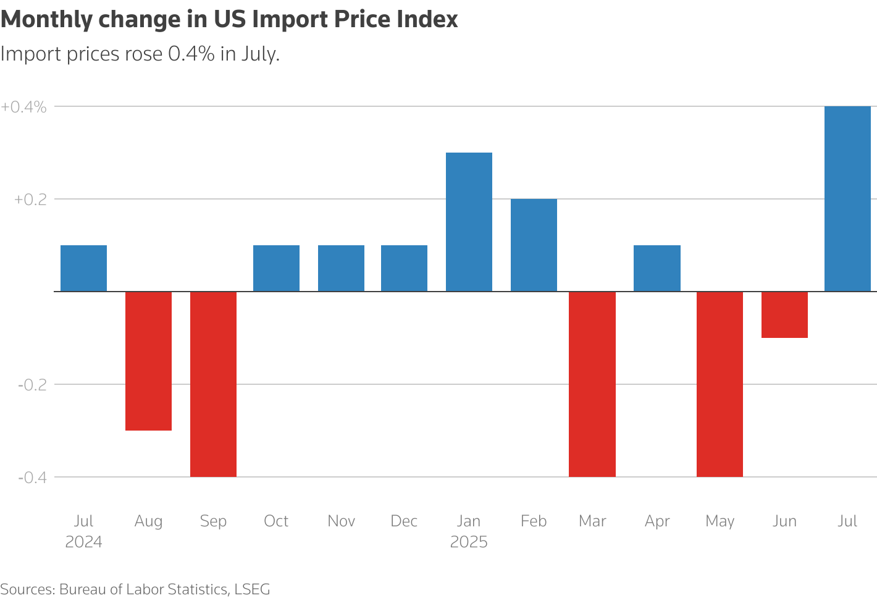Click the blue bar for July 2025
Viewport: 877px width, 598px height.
coord(847,198)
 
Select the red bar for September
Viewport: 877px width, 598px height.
coord(213,384)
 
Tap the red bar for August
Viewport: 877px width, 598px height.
coord(148,361)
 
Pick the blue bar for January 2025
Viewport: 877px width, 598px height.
coord(469,222)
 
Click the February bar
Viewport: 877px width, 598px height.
coord(534,245)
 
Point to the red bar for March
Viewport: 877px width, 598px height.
coord(592,384)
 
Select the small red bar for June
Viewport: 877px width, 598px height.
coord(784,314)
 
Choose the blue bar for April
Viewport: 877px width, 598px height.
coord(657,268)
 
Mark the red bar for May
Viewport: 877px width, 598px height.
coord(720,384)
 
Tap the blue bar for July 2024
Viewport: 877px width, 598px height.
coord(83,268)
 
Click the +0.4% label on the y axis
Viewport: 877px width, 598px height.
coord(23,107)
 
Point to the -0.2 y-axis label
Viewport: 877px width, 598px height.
coord(32,385)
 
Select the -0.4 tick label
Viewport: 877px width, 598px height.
coord(32,478)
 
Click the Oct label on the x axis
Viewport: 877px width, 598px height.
coord(276,521)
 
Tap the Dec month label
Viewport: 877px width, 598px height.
coord(404,521)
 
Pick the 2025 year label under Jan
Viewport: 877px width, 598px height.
coord(469,542)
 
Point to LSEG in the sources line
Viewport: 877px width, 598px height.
coord(252,589)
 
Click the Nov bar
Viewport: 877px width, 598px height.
coord(341,268)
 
